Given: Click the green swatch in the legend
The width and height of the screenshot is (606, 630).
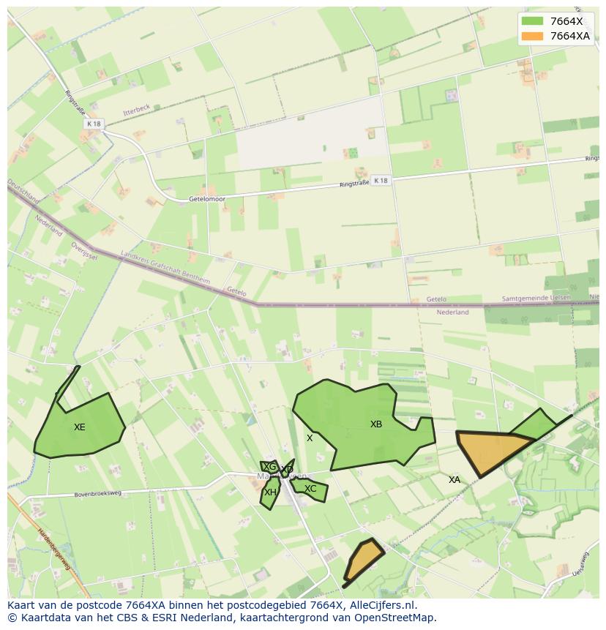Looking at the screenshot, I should [x=532, y=21].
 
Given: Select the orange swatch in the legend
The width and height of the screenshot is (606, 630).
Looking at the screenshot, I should [x=532, y=36].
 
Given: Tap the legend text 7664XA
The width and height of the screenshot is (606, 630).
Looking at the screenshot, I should [x=570, y=36].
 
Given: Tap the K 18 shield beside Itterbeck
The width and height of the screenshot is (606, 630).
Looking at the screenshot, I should [x=93, y=124].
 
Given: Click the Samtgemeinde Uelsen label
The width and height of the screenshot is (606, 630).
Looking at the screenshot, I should [x=540, y=299].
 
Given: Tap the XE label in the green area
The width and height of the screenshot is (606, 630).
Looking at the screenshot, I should [x=80, y=427].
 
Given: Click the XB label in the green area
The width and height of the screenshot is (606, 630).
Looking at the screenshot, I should [x=376, y=424].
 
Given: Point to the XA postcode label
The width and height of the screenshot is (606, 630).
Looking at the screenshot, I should [x=454, y=480].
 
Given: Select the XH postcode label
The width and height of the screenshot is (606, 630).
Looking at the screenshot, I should [x=270, y=492].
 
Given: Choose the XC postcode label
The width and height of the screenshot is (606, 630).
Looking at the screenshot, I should [x=310, y=489].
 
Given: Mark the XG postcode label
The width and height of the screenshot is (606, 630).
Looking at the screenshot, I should [x=270, y=467].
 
